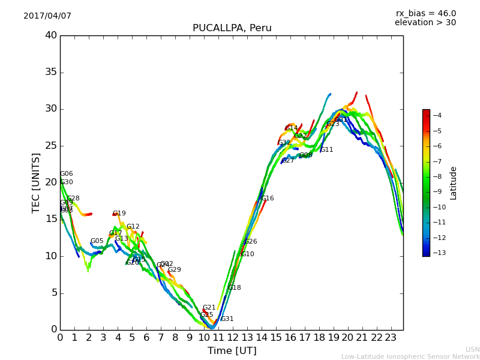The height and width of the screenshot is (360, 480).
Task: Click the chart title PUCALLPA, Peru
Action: point(232,28)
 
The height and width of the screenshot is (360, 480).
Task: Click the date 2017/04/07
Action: point(47,16)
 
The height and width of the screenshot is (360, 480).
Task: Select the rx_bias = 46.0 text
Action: point(425,13)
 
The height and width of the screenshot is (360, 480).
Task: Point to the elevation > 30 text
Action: point(425,23)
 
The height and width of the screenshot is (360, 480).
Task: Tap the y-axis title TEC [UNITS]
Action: point(36,182)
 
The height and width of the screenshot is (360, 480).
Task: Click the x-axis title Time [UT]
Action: point(232,350)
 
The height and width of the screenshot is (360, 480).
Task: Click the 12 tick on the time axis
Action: point(233,337)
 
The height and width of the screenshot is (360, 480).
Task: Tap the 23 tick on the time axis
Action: point(391,337)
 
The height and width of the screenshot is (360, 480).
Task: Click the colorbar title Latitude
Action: point(454,183)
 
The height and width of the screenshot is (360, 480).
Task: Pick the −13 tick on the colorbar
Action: point(441,253)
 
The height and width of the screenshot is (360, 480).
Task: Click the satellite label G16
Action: point(267,199)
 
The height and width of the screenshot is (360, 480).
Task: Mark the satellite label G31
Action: point(227,319)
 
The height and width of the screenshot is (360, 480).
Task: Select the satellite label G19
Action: point(119,214)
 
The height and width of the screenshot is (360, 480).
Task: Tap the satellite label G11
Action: point(327,150)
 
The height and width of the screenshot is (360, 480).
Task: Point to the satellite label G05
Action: point(97,241)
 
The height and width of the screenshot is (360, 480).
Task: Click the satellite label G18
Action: point(235,288)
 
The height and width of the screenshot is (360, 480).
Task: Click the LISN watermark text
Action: point(472,349)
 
